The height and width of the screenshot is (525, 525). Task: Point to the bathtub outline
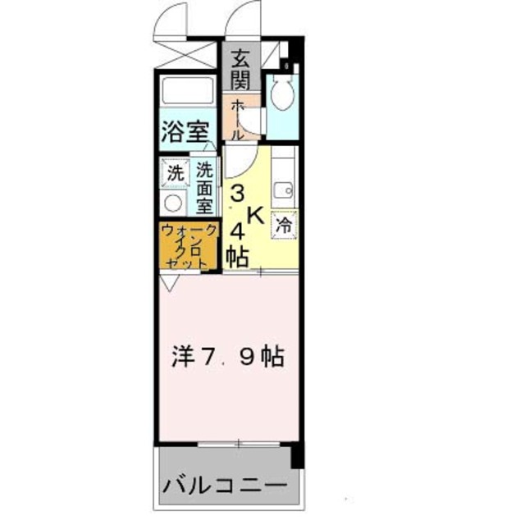tap(188, 89)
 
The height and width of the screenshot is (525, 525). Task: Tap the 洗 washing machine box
tap(175, 173)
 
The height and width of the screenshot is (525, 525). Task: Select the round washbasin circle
tap(175, 203)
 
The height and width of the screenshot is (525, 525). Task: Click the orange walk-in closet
tap(189, 246)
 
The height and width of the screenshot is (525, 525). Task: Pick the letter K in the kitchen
tap(256, 215)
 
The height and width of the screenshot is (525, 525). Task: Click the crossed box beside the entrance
tap(188, 55)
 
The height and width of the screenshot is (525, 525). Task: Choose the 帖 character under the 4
tap(239, 256)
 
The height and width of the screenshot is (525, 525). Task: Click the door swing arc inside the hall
tap(240, 160)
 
